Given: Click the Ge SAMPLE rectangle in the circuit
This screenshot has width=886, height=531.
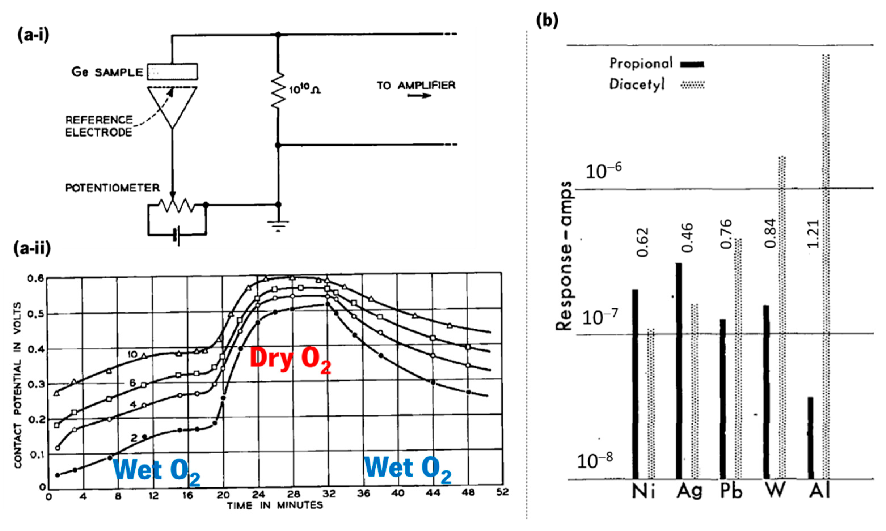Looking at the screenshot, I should coord(172,72).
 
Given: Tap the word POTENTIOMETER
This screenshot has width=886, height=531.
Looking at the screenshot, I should coord(112,188).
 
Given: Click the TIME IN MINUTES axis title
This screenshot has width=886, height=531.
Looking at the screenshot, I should coord(275,505).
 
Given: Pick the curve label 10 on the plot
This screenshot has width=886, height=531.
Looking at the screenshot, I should coord(132,354).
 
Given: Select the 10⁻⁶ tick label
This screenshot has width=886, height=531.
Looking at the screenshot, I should coord(603,171).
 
